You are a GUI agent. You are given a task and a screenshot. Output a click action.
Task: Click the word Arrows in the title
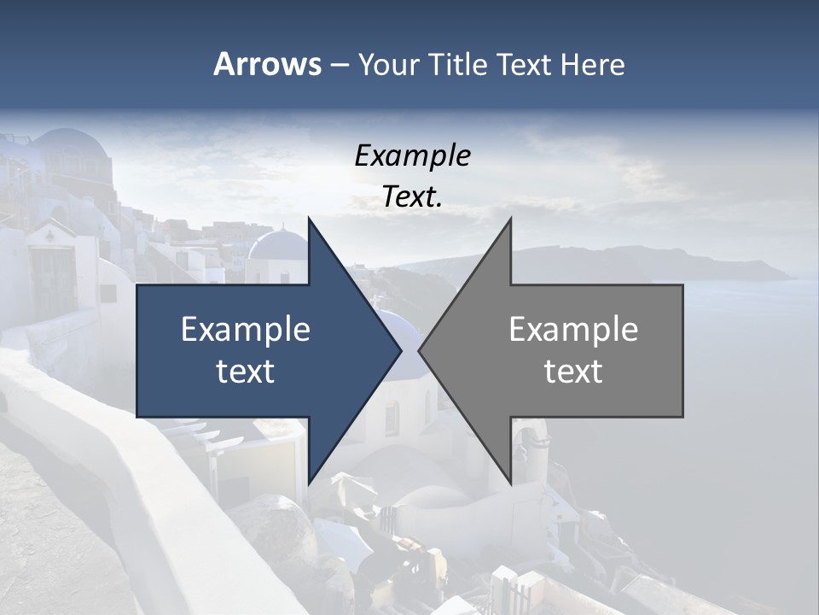click(267, 64)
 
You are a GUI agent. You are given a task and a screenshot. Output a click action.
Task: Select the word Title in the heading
click(462, 65)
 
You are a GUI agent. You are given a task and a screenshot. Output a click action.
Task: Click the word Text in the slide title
click(524, 65)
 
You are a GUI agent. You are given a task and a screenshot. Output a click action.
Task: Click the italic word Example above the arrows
click(413, 156)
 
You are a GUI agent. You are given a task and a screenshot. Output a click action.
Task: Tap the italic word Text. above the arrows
click(413, 197)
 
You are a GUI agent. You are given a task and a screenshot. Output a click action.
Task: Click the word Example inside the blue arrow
click(246, 330)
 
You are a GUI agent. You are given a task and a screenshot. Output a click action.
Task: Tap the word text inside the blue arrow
click(246, 372)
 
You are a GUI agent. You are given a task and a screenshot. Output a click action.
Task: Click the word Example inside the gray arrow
click(573, 330)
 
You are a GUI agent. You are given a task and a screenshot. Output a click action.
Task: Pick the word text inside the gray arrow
click(573, 372)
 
